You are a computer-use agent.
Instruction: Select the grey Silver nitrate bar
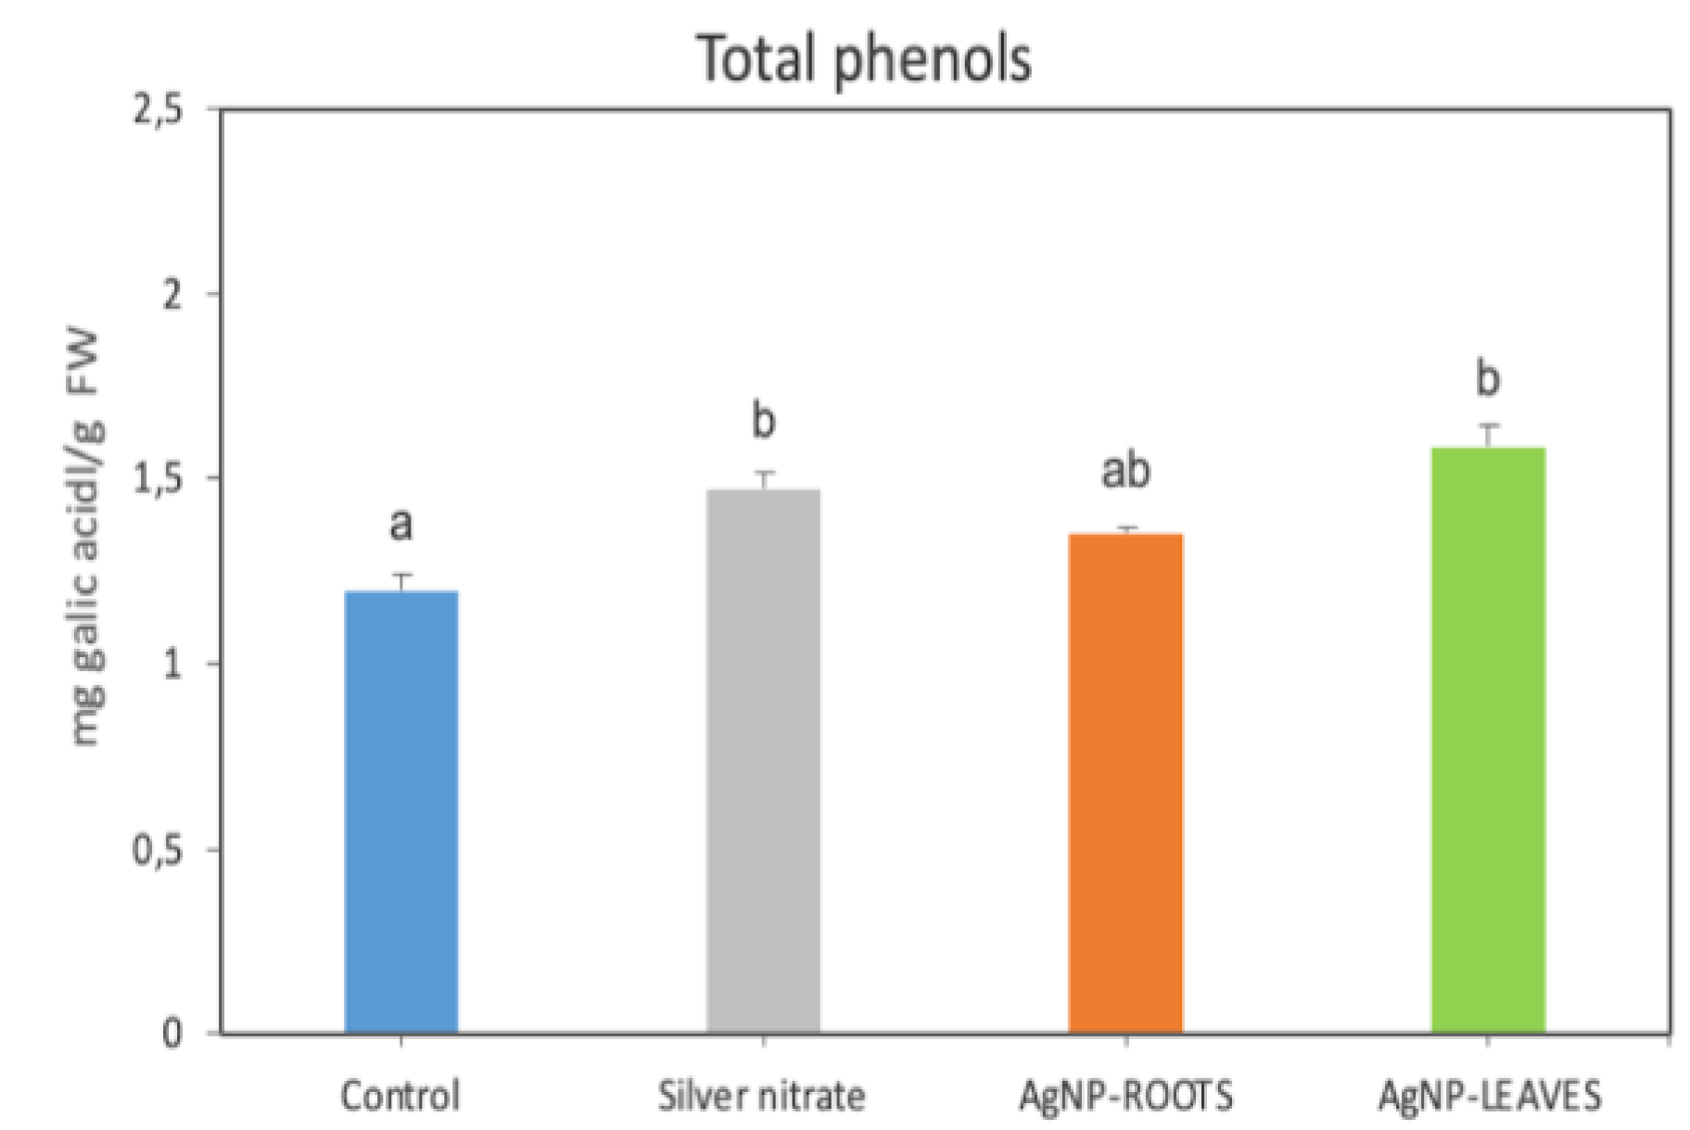click(763, 760)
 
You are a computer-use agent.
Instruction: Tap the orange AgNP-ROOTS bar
click(1125, 783)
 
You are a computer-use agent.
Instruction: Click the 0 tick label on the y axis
click(172, 1034)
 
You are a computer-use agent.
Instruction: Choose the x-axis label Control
click(400, 1096)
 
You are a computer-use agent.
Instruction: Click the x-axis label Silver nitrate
click(762, 1096)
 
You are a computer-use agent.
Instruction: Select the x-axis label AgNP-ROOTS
click(1125, 1096)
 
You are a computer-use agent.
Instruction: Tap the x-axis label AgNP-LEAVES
click(1489, 1096)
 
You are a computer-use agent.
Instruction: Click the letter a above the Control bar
click(400, 525)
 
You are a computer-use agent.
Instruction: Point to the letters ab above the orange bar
click(1125, 470)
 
